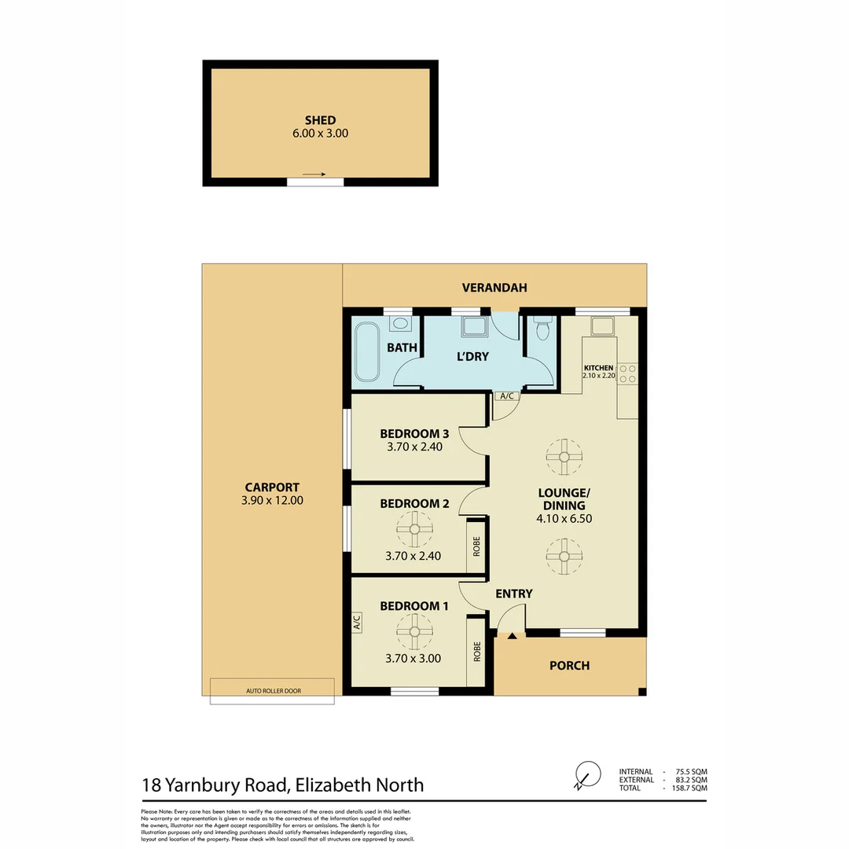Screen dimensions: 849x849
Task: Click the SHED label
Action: point(320,120)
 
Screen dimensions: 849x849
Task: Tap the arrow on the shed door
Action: point(314,175)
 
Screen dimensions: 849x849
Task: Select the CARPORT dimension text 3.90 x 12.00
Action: point(271,500)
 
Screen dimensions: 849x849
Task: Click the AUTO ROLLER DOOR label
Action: point(273,691)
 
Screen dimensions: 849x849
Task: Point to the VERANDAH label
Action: point(494,288)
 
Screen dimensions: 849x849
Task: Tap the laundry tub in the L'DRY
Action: point(474,326)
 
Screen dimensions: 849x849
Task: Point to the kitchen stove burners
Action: point(627,373)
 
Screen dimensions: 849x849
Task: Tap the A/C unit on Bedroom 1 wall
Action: point(356,623)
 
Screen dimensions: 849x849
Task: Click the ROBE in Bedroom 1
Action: point(476,652)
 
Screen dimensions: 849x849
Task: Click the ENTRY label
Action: point(514,594)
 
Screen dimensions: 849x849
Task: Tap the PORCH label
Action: point(569,666)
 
